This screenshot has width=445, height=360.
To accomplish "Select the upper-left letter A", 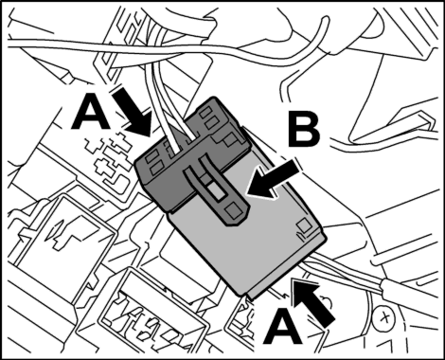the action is tap(91, 113).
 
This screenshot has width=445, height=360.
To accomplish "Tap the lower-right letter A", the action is tap(283, 326).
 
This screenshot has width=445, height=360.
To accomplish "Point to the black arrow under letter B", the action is tap(273, 179).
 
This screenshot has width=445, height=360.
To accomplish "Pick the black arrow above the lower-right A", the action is tap(313, 301).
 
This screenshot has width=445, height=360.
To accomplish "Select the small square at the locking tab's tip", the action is tap(234, 210).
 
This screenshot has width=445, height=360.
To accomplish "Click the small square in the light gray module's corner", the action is tap(304, 225).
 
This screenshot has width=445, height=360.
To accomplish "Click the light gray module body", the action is tap(246, 234).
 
